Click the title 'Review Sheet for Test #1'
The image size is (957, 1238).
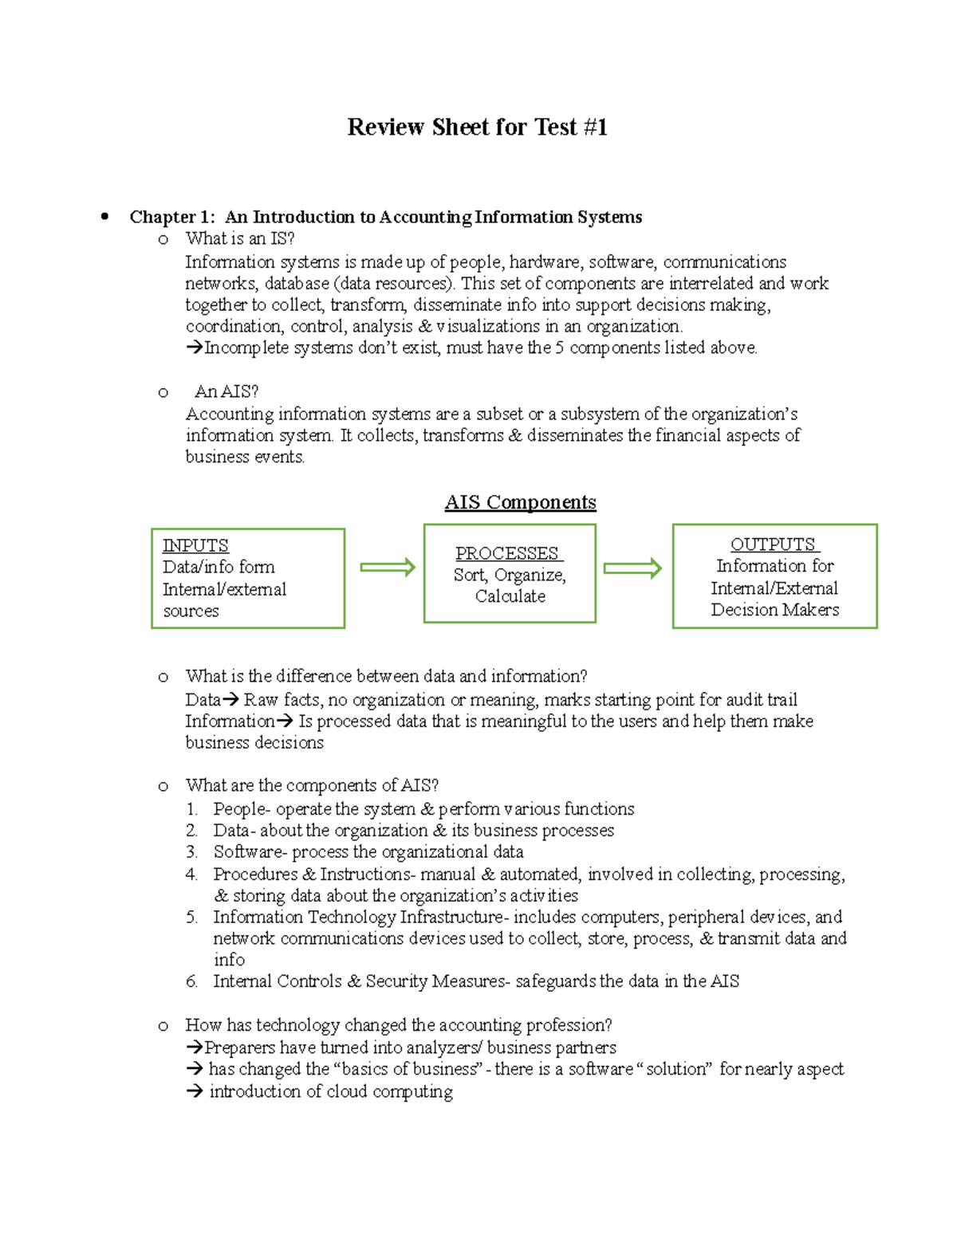(477, 128)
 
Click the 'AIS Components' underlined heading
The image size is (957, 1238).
(520, 502)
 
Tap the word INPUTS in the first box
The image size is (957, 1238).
(195, 545)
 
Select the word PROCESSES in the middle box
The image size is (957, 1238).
(507, 553)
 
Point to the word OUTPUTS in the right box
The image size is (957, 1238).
(773, 544)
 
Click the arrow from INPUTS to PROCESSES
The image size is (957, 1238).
(388, 568)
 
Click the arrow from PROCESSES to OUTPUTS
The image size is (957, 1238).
(632, 568)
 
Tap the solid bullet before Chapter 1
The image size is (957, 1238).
(104, 217)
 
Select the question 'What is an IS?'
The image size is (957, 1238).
(240, 238)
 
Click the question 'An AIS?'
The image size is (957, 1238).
(226, 391)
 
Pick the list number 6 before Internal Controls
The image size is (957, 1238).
(191, 981)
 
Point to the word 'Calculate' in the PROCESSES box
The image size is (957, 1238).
(510, 596)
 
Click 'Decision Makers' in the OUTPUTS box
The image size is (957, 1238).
(774, 610)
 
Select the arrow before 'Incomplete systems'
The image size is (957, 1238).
(194, 348)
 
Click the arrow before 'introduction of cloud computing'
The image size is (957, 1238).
(195, 1091)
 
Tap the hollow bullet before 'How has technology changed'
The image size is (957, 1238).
(163, 1026)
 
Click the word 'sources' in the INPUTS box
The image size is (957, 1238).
(191, 611)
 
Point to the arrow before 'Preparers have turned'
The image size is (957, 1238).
(194, 1047)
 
